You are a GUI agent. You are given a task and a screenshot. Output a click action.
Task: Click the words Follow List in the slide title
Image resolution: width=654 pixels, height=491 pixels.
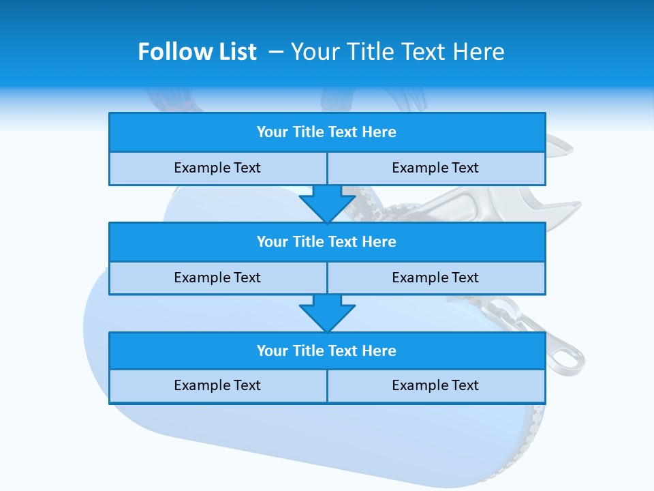point(197,52)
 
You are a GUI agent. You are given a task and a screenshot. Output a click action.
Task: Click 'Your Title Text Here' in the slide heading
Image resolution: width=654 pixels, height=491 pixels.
point(397,52)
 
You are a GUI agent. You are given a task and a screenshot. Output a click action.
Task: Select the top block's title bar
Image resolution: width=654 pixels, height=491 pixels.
point(327,132)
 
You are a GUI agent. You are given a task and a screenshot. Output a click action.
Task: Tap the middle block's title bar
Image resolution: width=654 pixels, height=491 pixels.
point(327,242)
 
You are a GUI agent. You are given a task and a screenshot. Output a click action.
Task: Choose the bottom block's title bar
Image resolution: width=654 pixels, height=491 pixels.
point(327,351)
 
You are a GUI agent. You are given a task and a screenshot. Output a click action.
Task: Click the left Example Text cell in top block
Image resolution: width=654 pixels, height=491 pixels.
point(217,168)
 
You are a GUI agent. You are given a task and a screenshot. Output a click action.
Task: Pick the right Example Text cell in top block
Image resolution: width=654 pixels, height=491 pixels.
point(435,168)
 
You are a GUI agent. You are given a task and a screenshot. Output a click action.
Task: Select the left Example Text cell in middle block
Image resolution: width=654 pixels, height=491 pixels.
point(217,278)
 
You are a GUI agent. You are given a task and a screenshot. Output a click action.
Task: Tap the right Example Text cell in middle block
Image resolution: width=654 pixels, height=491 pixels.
point(435,278)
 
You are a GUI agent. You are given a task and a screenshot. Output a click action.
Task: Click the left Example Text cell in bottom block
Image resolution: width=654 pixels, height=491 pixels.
point(217,385)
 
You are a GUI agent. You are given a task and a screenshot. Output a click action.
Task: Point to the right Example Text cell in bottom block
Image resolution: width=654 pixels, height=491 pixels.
point(435,385)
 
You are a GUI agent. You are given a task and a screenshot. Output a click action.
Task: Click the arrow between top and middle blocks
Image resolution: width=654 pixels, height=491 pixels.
point(327,203)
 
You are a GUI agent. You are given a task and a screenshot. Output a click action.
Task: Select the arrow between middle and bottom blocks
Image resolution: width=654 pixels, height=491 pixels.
point(327,312)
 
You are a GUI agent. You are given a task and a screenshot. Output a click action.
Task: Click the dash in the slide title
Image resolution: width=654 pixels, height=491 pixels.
point(277,52)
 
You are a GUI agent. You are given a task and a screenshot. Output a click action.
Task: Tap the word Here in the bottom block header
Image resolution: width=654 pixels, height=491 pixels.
point(379,351)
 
